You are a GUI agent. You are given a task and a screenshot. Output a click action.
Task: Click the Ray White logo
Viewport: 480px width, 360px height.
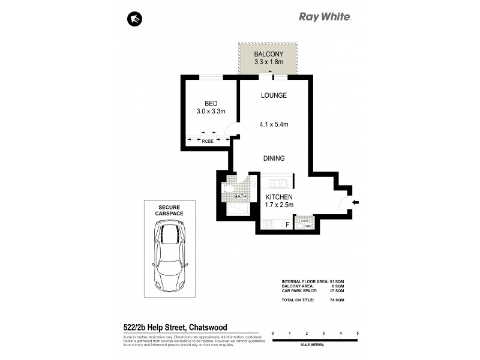(325, 17)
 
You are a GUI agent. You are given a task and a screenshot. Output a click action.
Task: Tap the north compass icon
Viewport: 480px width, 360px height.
(134, 19)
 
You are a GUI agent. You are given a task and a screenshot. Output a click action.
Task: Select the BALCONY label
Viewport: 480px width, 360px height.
(268, 54)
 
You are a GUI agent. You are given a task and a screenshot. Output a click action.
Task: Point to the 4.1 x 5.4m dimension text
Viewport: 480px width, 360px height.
(274, 125)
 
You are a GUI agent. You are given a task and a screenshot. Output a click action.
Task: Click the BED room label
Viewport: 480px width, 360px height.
(211, 103)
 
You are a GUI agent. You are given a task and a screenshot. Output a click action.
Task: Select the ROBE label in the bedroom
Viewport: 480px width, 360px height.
(207, 141)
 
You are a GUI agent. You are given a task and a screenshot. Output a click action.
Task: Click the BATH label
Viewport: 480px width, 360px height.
(240, 196)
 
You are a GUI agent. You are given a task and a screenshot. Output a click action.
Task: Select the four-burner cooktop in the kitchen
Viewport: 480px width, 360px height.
(269, 224)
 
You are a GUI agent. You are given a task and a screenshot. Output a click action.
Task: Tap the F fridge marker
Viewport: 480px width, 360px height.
(287, 225)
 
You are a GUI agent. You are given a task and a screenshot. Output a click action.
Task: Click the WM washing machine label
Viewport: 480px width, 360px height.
(308, 226)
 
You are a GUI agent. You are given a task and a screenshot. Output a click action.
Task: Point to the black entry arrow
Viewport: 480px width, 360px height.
(355, 203)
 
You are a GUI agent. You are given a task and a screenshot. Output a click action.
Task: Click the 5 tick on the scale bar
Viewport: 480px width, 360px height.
(358, 332)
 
